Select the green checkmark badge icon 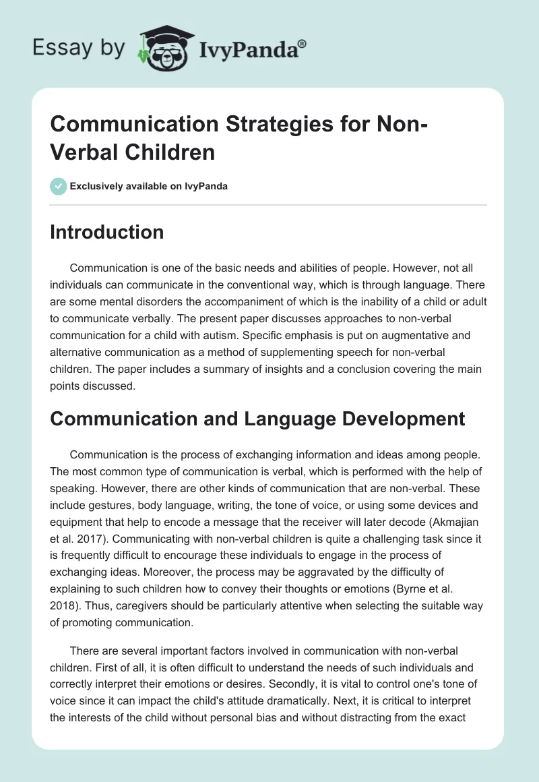point(59,186)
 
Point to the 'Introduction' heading point(107,232)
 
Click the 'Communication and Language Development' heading point(257,418)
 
